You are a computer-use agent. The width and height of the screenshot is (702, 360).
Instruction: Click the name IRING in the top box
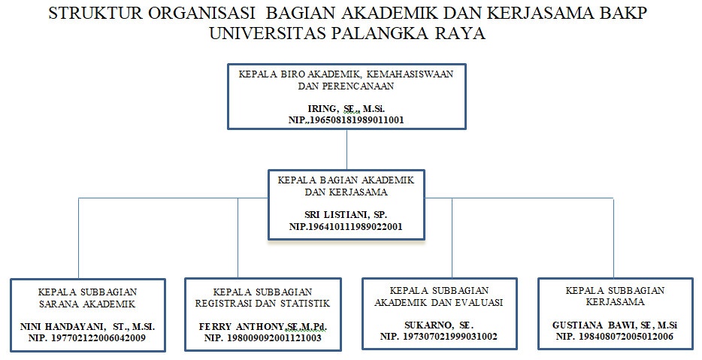click(322, 109)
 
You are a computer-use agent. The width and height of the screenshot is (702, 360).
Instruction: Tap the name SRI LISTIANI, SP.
click(346, 215)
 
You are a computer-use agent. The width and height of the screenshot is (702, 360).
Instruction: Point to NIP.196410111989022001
click(346, 226)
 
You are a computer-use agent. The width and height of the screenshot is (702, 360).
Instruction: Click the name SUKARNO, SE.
click(439, 325)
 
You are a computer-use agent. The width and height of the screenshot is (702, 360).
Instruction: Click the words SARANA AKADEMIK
click(87, 304)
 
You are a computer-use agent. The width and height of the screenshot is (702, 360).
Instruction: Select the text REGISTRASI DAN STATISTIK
click(263, 304)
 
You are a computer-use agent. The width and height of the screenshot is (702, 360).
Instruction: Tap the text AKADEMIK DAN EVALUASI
click(439, 302)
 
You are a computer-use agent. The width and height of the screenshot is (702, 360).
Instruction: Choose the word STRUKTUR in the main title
click(96, 13)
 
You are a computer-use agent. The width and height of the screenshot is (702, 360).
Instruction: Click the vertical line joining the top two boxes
click(347, 150)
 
